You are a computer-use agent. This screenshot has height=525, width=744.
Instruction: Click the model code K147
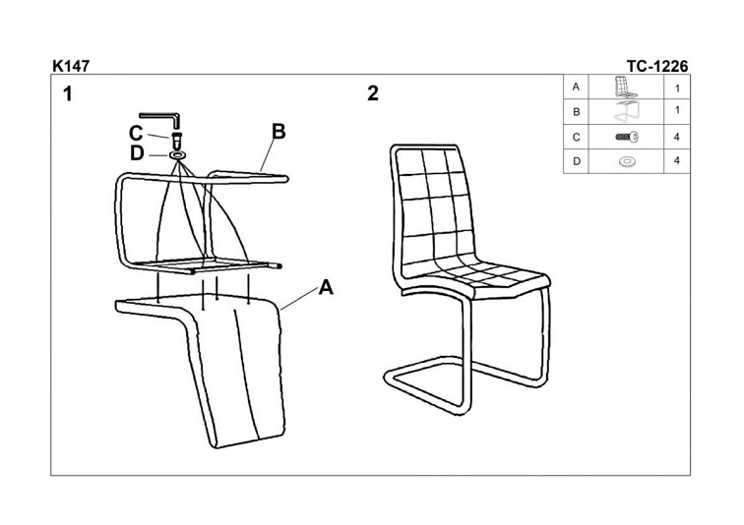[x=71, y=66]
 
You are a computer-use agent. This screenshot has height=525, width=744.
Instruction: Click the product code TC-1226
[x=657, y=66]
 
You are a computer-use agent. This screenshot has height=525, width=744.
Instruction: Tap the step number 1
[x=68, y=93]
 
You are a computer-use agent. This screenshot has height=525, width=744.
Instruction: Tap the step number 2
[x=373, y=93]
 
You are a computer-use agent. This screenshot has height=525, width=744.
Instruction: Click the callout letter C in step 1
[x=136, y=133]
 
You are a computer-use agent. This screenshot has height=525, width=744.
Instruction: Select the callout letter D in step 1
[x=137, y=153]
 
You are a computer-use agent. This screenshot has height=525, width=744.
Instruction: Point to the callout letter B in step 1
[x=279, y=132]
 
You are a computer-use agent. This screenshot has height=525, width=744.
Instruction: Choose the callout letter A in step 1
[x=326, y=287]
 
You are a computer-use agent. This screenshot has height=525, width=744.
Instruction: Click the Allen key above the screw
[x=159, y=120]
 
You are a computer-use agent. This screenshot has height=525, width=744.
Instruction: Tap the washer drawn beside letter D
[x=177, y=155]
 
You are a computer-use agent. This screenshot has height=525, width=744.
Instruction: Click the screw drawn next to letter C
[x=177, y=141]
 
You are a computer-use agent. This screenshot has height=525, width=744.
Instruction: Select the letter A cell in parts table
[x=576, y=87]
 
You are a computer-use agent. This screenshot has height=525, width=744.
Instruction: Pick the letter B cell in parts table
[x=576, y=112]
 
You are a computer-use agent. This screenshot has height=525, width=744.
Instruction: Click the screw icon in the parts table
[x=627, y=137]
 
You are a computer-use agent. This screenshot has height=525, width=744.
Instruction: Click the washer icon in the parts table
[x=627, y=162]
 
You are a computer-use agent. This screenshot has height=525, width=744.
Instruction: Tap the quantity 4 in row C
[x=677, y=137]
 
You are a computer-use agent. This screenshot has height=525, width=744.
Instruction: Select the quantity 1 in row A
[x=677, y=87]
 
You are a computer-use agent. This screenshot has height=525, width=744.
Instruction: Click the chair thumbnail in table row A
[x=625, y=87]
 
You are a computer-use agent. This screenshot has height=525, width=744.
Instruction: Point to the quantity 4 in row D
[x=677, y=160]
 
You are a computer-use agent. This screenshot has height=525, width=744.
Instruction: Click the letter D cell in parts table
[x=576, y=161]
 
